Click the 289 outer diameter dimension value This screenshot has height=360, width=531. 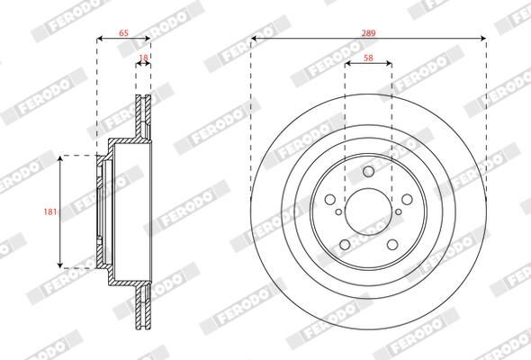(367, 31)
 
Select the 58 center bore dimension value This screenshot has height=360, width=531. (368, 57)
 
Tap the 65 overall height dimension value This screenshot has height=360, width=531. (123, 31)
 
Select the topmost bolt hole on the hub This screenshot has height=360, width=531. (368, 173)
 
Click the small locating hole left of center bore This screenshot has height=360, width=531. (337, 212)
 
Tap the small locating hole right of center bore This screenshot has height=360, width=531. (400, 212)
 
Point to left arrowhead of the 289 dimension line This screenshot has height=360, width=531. (254, 39)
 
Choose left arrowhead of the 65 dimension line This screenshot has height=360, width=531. (99, 39)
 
